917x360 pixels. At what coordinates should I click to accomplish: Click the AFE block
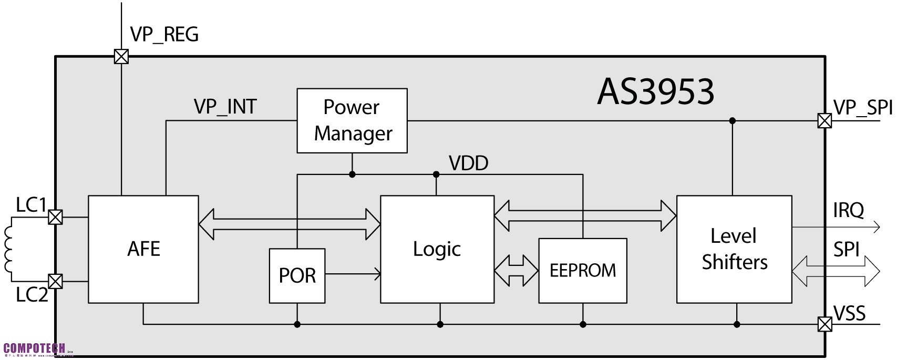coord(143,249)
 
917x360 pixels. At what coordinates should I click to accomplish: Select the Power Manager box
coord(352,120)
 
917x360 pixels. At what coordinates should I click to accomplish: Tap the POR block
coord(297,276)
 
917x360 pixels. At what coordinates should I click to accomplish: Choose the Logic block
coord(437,249)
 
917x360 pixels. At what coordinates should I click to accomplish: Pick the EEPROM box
coord(583,271)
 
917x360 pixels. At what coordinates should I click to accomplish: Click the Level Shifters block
coord(734,249)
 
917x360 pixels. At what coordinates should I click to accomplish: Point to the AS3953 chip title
coord(655,91)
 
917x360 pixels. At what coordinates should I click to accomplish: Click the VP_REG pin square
coord(121,56)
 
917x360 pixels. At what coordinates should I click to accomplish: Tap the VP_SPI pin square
coord(825,121)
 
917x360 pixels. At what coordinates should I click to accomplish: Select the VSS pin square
coord(825,324)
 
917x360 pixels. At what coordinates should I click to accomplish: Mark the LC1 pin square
coord(55,217)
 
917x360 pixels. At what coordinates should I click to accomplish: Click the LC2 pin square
coord(55,281)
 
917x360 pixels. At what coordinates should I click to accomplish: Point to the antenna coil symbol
coord(9,249)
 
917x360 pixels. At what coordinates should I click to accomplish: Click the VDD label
coord(468,163)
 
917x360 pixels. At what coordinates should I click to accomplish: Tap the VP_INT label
coord(225,107)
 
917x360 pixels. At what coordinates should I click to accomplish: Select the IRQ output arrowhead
coord(876,228)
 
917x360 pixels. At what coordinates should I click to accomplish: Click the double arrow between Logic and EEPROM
coord(516,271)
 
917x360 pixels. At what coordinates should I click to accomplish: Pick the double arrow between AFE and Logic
coord(289,224)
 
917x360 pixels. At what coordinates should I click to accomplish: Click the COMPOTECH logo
coord(35,348)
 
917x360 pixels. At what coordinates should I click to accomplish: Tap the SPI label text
coord(846,250)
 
